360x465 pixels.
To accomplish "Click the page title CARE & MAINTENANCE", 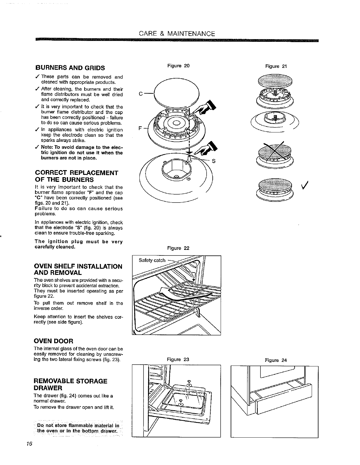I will click(x=177, y=34).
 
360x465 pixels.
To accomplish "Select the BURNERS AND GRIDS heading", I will click(x=70, y=68).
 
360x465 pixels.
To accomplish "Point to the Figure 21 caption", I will click(x=276, y=66).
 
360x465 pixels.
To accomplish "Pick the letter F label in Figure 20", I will click(x=140, y=129).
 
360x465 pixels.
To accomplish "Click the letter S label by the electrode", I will click(x=214, y=161).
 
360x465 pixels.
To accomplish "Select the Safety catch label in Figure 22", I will click(x=152, y=260).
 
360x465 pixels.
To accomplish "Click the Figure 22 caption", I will click(x=178, y=248).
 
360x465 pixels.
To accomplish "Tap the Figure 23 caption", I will click(x=178, y=359).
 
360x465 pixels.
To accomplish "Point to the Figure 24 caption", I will click(x=275, y=360).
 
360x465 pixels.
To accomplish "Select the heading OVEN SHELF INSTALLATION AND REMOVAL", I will click(x=78, y=270).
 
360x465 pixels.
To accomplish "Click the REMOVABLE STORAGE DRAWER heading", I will click(x=71, y=384).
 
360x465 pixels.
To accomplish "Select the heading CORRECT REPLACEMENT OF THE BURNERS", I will click(x=77, y=176).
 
